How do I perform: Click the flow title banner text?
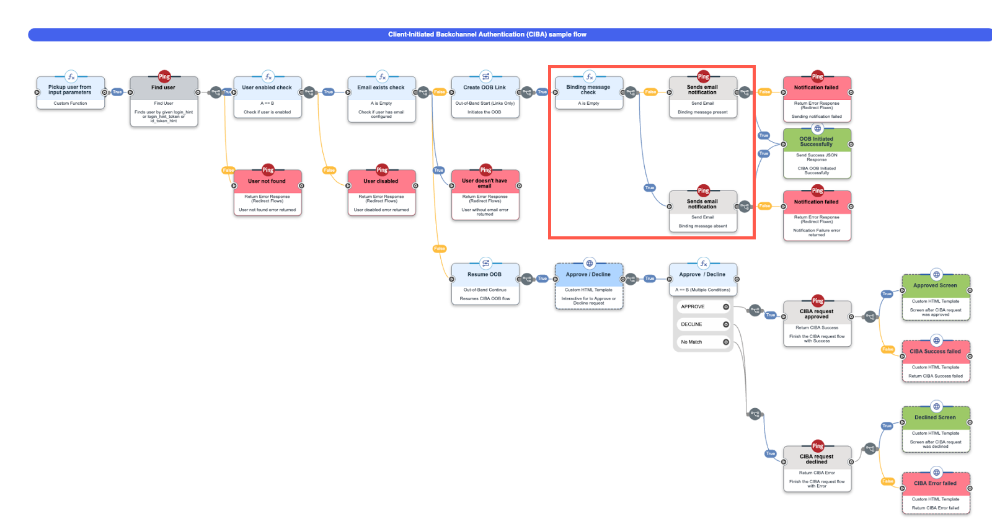click(x=487, y=35)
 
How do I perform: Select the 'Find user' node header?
click(x=164, y=88)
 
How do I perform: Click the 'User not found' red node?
click(x=267, y=182)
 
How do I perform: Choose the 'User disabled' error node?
click(x=381, y=182)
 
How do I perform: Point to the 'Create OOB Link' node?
click(x=485, y=88)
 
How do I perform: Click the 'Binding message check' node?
click(x=588, y=91)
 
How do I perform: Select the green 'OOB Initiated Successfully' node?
click(x=817, y=142)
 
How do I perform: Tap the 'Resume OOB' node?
click(x=485, y=275)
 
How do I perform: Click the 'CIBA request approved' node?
click(x=817, y=314)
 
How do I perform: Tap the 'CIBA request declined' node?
click(x=817, y=460)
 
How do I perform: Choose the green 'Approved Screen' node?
click(x=935, y=286)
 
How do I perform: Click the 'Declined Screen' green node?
click(x=935, y=418)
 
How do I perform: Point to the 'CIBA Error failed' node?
click(x=935, y=484)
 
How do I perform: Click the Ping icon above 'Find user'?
click(x=164, y=76)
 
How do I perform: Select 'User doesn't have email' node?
click(x=485, y=184)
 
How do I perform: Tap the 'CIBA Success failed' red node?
click(x=935, y=352)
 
